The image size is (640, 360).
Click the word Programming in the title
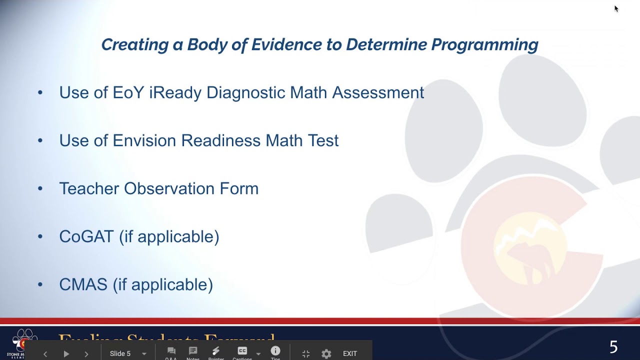click(x=484, y=45)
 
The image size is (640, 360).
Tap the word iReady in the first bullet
click(x=175, y=92)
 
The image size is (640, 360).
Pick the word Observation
click(x=169, y=188)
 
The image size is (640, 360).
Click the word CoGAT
click(x=86, y=236)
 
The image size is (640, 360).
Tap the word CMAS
click(x=83, y=284)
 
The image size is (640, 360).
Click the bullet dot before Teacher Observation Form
click(x=40, y=189)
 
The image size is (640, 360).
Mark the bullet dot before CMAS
click(x=40, y=285)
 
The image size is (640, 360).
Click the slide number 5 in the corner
click(x=613, y=347)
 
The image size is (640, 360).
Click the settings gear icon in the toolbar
click(x=326, y=353)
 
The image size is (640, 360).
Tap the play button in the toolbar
click(x=66, y=353)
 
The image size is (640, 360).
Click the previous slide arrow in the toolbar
click(x=45, y=353)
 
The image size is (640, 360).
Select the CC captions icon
click(x=242, y=351)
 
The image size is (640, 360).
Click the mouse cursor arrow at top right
click(x=616, y=8)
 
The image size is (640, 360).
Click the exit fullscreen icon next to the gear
click(x=306, y=353)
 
